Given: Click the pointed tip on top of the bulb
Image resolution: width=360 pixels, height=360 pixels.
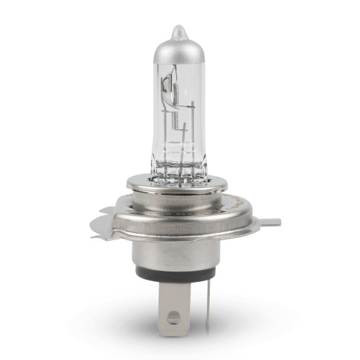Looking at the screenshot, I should tap(177, 32).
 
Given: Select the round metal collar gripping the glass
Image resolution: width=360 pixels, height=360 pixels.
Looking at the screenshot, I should tap(179, 184).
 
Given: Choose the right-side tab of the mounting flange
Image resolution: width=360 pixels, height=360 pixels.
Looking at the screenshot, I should tap(269, 222).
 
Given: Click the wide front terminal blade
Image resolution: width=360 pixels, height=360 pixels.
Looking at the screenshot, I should tap(173, 301).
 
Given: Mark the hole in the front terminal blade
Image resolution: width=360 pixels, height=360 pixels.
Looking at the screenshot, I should tap(173, 318).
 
